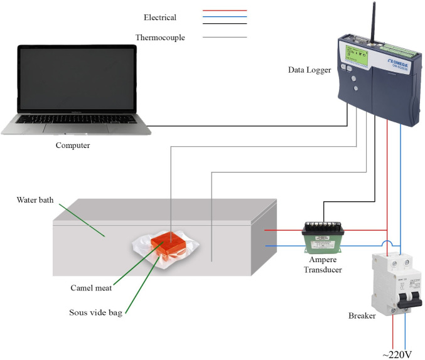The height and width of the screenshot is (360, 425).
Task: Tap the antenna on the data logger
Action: pos(375,22)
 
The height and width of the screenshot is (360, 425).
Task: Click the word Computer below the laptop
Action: pos(73,146)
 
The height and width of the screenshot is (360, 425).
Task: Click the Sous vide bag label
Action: pos(96,312)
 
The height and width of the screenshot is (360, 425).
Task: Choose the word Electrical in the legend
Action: pos(159,18)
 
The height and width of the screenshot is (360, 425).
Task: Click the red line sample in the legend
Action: pos(225,11)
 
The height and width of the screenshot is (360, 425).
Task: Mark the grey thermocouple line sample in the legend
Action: pos(225,38)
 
